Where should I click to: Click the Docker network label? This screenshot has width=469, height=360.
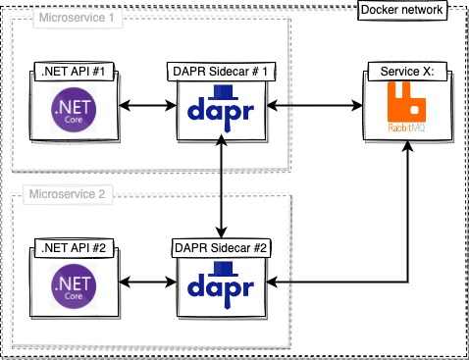400,10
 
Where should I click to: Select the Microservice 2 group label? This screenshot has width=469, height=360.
69,194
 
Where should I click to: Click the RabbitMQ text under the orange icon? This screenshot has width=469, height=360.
403,127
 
